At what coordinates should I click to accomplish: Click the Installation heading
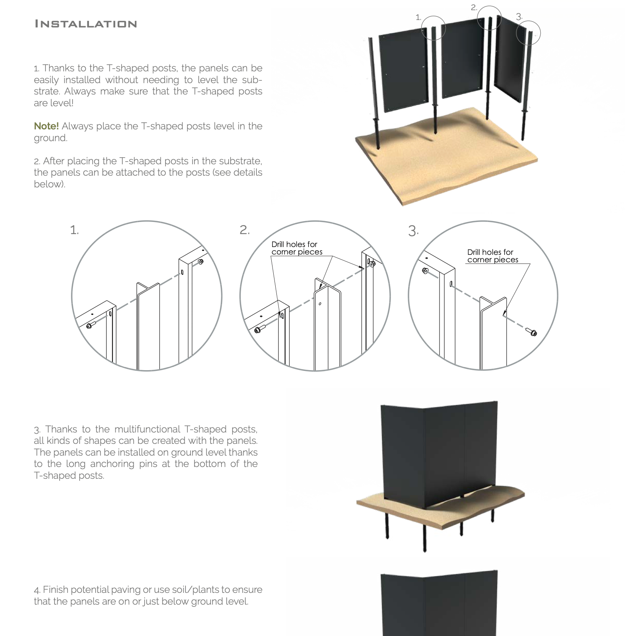point(85,24)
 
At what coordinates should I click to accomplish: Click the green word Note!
point(46,126)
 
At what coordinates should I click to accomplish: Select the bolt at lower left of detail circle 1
point(90,325)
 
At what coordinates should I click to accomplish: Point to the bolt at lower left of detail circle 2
point(259,329)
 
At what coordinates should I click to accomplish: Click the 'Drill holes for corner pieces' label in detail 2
point(296,248)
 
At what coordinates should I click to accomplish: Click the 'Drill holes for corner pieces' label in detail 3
point(492,256)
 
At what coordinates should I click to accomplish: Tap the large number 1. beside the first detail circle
point(74,230)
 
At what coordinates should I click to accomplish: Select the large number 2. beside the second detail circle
point(244,230)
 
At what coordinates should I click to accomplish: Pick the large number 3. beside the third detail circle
point(413,231)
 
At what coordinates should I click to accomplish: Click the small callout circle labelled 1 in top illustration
point(433,28)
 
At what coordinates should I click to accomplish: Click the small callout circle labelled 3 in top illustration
point(528,33)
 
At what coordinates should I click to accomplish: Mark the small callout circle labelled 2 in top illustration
point(489,18)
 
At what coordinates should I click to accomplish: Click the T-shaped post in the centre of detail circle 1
point(148,325)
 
